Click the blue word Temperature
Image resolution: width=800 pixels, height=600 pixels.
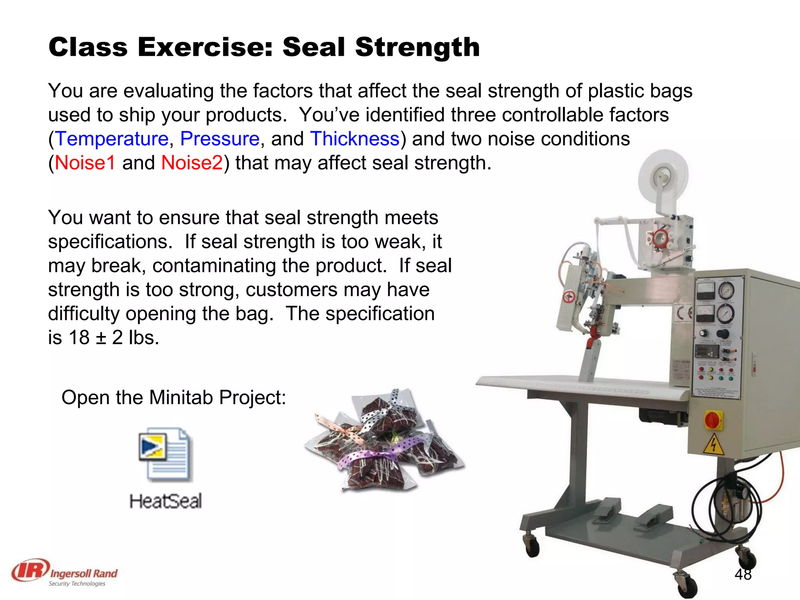[112, 139]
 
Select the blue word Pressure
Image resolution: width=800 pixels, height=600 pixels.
[220, 139]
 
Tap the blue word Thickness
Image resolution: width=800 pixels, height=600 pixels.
[355, 139]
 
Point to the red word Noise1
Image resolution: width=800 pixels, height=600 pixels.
[85, 163]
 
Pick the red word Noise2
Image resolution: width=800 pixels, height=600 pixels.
[192, 163]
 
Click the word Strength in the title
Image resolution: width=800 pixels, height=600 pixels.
[417, 47]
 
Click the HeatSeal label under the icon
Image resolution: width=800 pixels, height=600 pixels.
[166, 501]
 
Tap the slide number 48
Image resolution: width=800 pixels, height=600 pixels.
[743, 574]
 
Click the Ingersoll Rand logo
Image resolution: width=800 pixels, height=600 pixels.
[65, 572]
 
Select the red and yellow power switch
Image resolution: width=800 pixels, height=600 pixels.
[713, 420]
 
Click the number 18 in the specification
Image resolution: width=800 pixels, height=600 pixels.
[79, 337]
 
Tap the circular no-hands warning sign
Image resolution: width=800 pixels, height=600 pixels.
[569, 297]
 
